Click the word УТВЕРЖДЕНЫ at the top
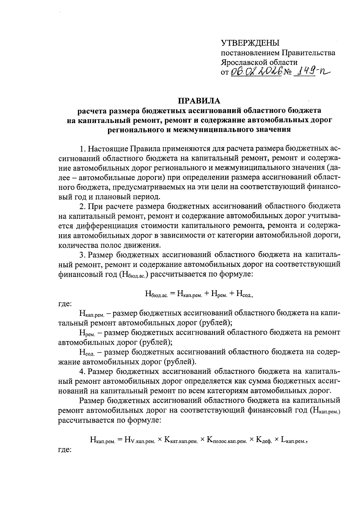[250, 43]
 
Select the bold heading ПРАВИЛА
[199, 100]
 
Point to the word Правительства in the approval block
[308, 53]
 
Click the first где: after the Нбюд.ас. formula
[64, 304]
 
